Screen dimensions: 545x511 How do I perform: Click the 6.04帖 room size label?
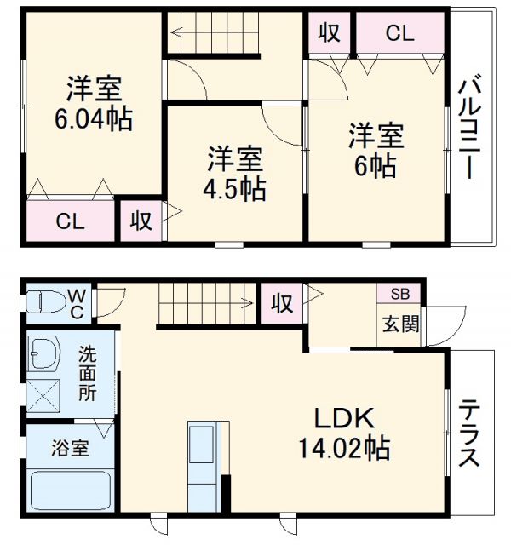93,120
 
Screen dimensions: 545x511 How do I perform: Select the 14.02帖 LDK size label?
344,445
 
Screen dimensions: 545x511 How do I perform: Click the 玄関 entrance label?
399,324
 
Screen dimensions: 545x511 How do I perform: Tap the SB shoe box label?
399,294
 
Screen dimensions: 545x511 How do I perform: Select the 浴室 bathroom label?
70,445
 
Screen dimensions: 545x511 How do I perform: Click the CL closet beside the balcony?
399,33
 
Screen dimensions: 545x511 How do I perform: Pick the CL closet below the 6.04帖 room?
70,222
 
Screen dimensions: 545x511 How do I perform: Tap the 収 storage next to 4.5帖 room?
141,222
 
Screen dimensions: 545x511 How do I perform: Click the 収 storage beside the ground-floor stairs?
282,302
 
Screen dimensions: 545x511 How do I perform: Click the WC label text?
77,302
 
